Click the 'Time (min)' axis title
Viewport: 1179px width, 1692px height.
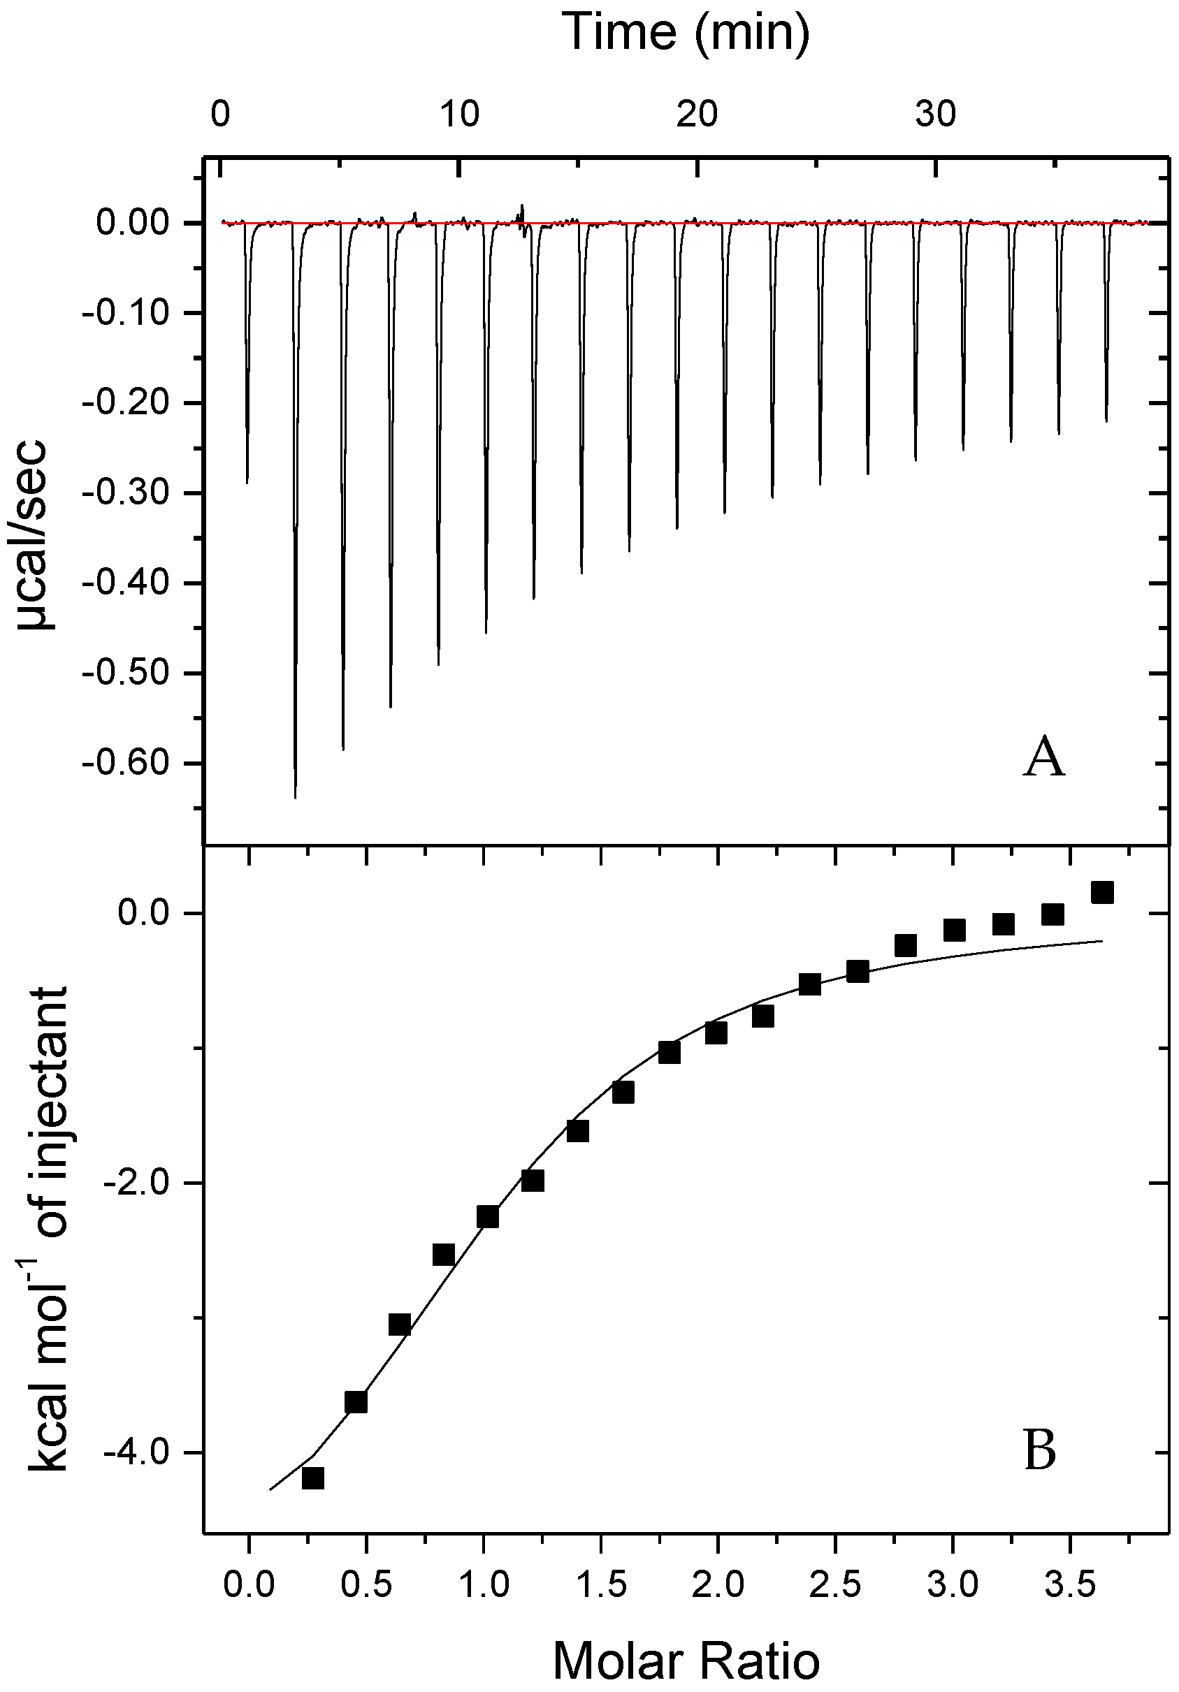pos(685,32)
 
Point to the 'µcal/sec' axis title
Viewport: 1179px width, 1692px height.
pos(33,535)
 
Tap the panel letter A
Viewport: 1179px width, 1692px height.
pos(1043,759)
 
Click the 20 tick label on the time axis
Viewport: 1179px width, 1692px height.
pos(697,115)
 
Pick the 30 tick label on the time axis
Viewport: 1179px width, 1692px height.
pos(936,115)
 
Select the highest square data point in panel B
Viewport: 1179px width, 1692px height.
pos(1101,892)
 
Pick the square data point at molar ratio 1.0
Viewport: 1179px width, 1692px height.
pos(487,1217)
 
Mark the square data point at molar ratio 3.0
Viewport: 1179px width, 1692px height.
pos(954,930)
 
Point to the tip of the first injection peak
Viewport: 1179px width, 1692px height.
pos(247,483)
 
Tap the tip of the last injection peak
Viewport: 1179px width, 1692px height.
pos(1106,421)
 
